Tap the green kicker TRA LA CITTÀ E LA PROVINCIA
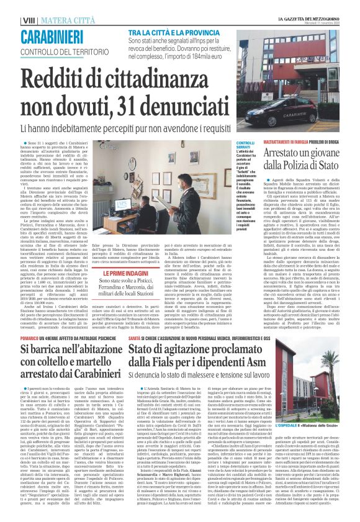click(167, 33)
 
